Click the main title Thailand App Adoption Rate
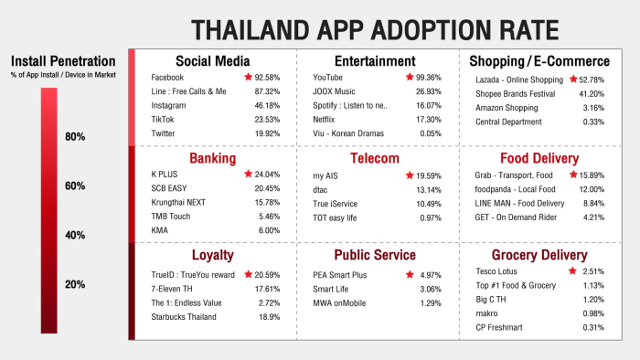click(375, 30)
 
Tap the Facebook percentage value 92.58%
click(267, 78)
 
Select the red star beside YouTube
click(410, 77)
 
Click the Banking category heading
click(213, 158)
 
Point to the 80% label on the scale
click(75, 136)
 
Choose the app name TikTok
click(163, 120)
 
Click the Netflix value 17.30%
click(429, 120)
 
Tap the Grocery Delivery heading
click(539, 255)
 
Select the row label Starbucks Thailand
click(184, 317)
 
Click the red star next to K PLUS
click(248, 175)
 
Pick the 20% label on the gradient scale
click(75, 284)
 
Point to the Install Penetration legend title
click(63, 61)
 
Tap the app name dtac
click(320, 190)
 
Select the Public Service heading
click(375, 255)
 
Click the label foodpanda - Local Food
click(515, 189)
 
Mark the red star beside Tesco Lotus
click(572, 270)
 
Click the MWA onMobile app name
click(339, 303)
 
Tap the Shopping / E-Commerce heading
click(539, 61)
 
